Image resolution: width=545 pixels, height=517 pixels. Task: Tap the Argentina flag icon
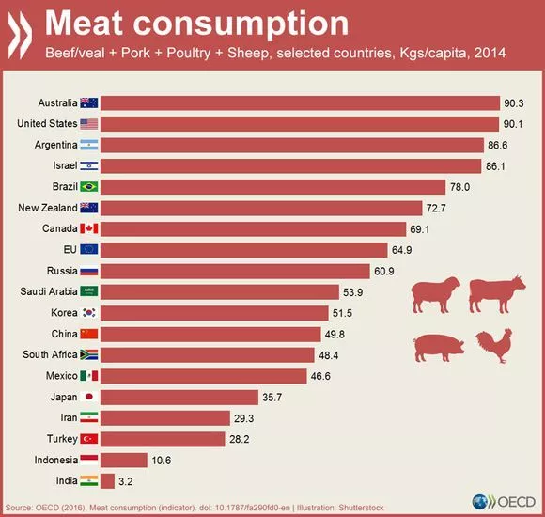(89, 145)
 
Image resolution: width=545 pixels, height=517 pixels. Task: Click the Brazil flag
(89, 186)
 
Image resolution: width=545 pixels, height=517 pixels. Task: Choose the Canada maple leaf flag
(89, 228)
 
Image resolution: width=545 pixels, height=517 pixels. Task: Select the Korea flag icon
(89, 312)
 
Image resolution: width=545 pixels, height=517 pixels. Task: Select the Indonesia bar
(123, 459)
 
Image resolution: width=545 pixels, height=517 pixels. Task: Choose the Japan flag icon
(89, 396)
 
